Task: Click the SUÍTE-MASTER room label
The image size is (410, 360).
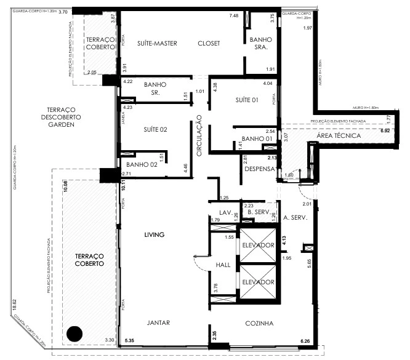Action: click(158, 43)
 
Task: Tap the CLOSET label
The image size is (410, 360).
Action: click(209, 43)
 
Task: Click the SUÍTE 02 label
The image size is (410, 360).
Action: click(156, 129)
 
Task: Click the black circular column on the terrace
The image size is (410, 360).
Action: click(74, 334)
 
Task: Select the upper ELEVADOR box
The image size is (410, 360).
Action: click(257, 245)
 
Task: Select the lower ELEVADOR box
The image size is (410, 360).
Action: click(257, 282)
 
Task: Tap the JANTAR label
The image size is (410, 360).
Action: click(158, 323)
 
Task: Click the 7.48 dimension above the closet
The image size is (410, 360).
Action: click(234, 15)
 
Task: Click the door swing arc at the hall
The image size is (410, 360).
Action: click(198, 261)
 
